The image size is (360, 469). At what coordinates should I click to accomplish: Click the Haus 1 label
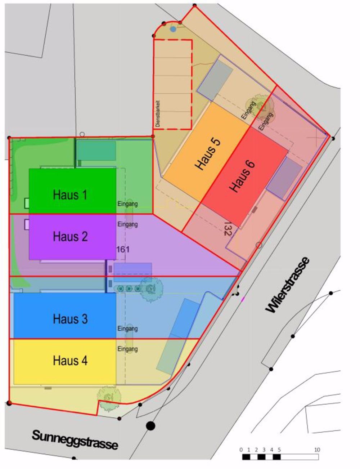pyautogui.click(x=70, y=195)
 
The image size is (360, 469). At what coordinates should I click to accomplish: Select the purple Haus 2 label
pyautogui.click(x=70, y=237)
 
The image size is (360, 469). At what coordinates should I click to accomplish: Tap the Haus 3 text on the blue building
pyautogui.click(x=70, y=319)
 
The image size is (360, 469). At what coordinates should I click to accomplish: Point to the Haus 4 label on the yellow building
pyautogui.click(x=70, y=360)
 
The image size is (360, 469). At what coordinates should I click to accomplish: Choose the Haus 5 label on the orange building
pyautogui.click(x=208, y=153)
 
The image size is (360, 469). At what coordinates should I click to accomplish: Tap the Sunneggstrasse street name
pyautogui.click(x=75, y=439)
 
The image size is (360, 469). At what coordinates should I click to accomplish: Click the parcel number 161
pyautogui.click(x=123, y=249)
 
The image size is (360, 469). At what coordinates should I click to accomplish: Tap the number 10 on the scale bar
pyautogui.click(x=317, y=450)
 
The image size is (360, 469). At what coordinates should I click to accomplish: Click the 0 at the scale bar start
pyautogui.click(x=241, y=450)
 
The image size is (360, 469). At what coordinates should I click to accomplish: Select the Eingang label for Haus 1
pyautogui.click(x=127, y=204)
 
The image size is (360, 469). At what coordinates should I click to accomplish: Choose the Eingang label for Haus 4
pyautogui.click(x=127, y=349)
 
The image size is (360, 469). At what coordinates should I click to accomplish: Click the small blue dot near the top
pyautogui.click(x=173, y=29)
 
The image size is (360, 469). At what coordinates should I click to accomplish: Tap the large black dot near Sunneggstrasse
pyautogui.click(x=150, y=426)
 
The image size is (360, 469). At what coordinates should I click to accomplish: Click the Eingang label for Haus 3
pyautogui.click(x=127, y=329)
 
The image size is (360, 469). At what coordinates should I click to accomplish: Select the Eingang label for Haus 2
pyautogui.click(x=127, y=224)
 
